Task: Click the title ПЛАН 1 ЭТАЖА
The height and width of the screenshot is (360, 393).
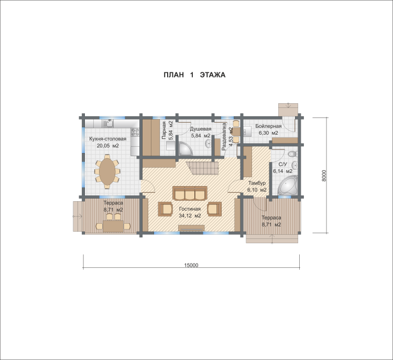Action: tap(194, 75)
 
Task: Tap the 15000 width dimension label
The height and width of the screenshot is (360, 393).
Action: tap(191, 265)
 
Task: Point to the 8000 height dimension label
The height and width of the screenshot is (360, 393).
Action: tap(324, 176)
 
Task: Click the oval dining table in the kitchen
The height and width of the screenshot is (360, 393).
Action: tap(107, 172)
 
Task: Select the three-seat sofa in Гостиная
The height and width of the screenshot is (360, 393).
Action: tap(190, 193)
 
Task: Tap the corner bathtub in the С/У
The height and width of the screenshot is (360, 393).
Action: tap(288, 186)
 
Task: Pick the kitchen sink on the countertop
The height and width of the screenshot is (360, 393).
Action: tap(108, 123)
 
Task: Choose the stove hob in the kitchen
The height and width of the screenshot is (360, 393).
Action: tap(135, 132)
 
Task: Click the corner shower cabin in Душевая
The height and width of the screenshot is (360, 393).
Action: tap(185, 148)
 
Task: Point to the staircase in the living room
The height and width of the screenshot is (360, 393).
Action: tap(202, 168)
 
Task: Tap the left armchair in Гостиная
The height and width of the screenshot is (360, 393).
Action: tap(165, 209)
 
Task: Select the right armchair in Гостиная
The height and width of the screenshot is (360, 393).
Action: tap(214, 209)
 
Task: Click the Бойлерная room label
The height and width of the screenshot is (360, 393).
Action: tap(268, 126)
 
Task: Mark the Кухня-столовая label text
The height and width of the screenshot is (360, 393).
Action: tap(108, 139)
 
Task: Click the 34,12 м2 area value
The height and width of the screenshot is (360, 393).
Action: tap(190, 215)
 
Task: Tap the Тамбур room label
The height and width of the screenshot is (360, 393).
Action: tap(257, 183)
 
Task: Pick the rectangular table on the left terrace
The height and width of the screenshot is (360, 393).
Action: tap(113, 226)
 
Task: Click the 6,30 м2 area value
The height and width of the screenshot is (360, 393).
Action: tap(268, 133)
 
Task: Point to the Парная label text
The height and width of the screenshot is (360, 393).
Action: tap(164, 130)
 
